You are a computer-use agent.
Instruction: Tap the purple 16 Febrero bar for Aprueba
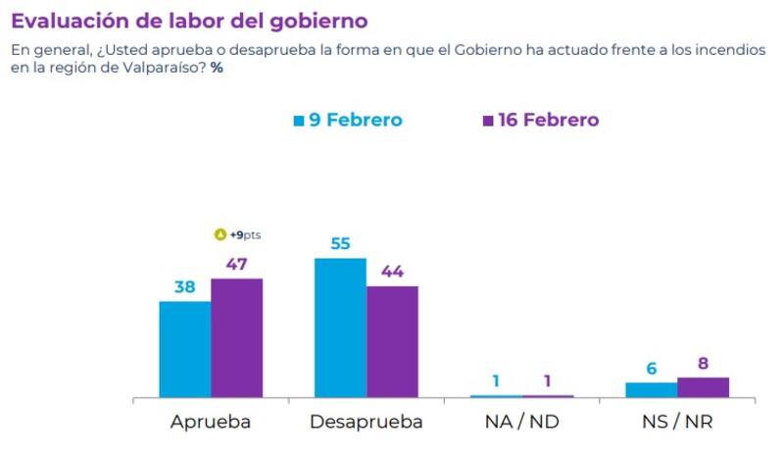(237, 338)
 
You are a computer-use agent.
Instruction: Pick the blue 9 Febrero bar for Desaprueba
(340, 328)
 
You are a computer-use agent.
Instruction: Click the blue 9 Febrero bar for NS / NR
(651, 390)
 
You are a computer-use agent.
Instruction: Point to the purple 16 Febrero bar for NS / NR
(703, 387)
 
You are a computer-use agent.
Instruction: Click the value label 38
(184, 286)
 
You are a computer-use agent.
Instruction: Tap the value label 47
(236, 264)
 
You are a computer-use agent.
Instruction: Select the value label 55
(340, 243)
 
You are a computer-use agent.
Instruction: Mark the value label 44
(392, 271)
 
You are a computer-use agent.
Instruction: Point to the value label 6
(651, 368)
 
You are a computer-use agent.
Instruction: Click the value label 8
(703, 363)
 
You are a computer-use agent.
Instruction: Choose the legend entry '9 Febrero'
(349, 120)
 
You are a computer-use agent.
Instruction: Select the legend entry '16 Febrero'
(541, 120)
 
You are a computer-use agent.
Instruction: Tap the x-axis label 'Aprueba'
(211, 423)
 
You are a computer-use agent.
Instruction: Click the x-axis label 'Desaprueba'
(366, 423)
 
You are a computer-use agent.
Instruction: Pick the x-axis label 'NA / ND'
(521, 423)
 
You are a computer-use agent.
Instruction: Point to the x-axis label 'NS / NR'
(676, 423)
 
